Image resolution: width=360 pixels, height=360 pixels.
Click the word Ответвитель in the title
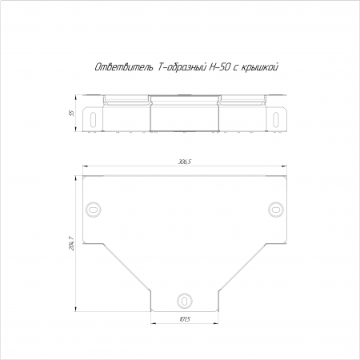(124, 67)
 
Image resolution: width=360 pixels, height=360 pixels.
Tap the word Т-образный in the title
(182, 67)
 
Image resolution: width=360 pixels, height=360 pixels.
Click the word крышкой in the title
(260, 67)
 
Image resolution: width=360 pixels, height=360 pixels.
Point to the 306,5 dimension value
(185, 162)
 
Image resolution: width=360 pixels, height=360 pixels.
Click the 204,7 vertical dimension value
(71, 243)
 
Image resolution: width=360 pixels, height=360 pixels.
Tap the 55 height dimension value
(71, 114)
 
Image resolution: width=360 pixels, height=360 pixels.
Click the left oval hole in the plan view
(94, 210)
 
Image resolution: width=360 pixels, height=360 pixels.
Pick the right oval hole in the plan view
(276, 210)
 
